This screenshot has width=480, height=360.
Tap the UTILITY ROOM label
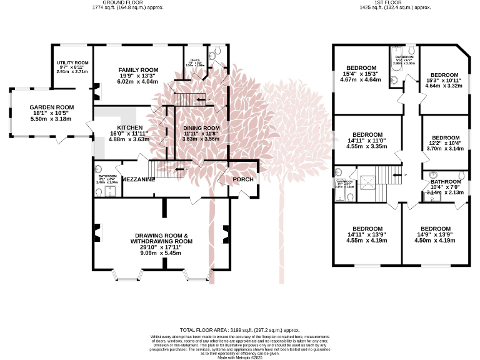click(x=71, y=63)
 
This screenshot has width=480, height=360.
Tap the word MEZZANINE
click(x=138, y=179)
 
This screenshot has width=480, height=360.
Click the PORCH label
click(x=243, y=180)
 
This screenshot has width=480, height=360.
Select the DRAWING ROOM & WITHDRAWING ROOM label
click(x=161, y=237)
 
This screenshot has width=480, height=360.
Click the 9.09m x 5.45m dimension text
click(x=161, y=253)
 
